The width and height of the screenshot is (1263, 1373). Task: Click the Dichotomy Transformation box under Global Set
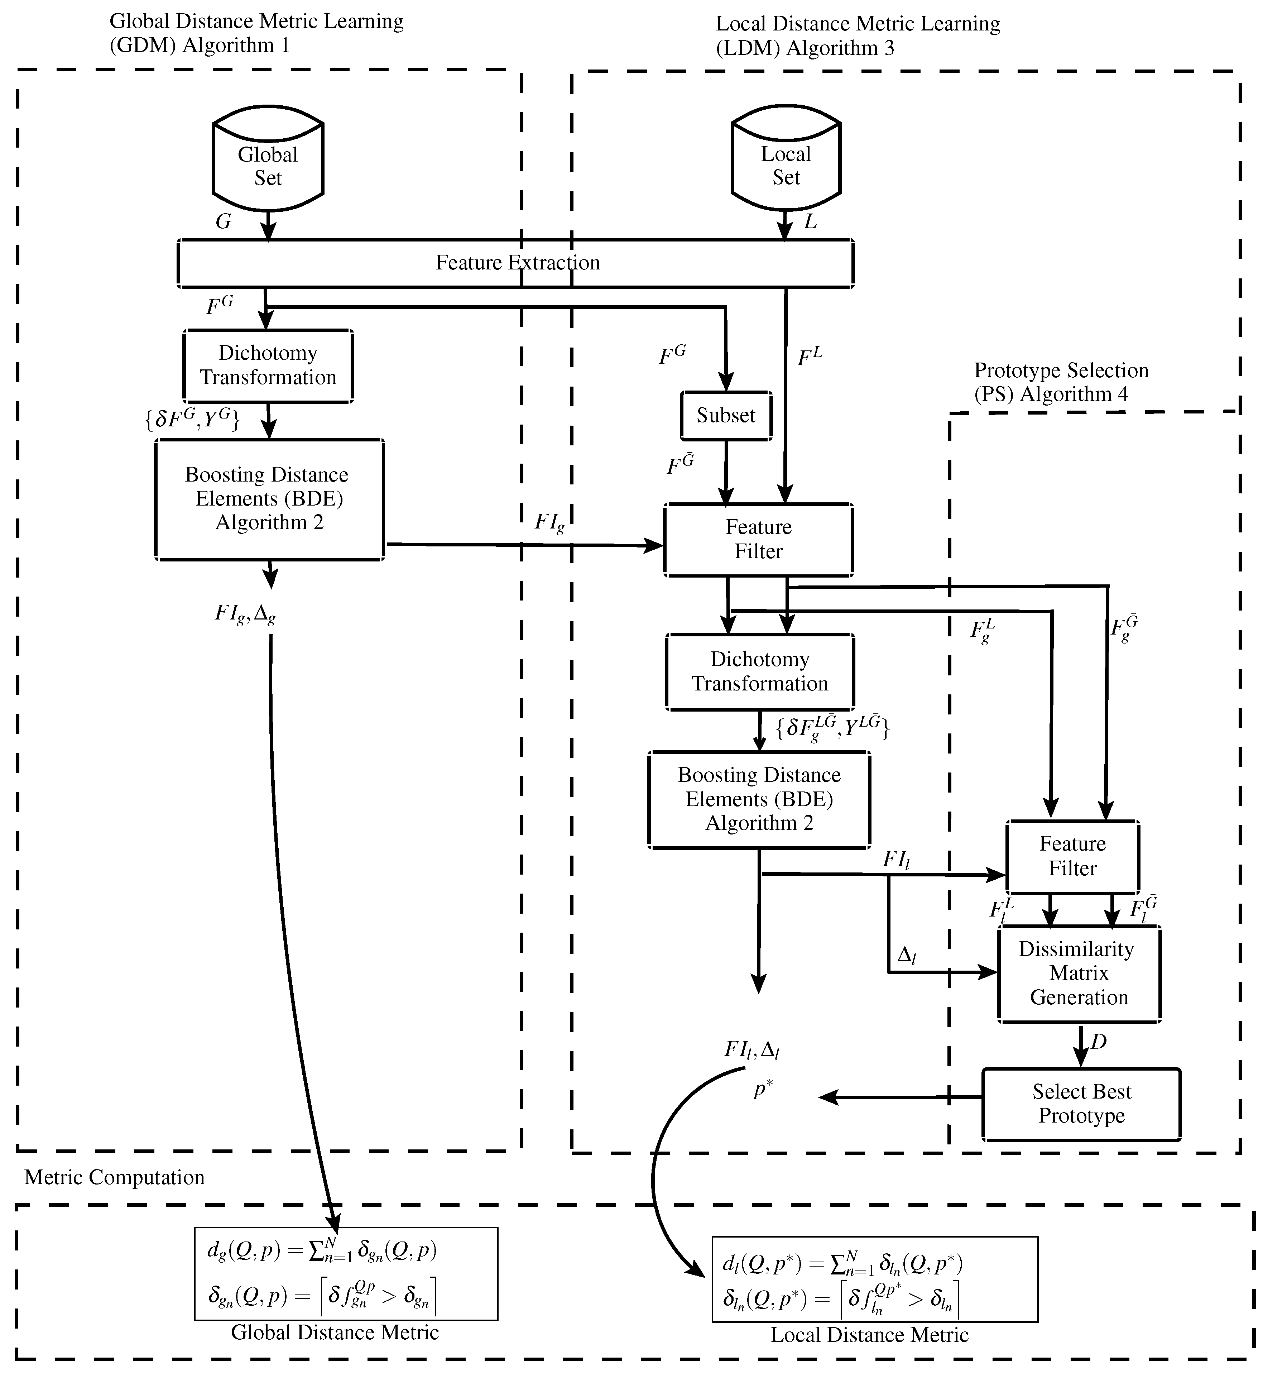coord(268,366)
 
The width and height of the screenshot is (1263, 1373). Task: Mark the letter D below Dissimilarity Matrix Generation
coord(1098,1042)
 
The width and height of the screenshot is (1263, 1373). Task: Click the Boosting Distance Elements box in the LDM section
coord(759,799)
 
